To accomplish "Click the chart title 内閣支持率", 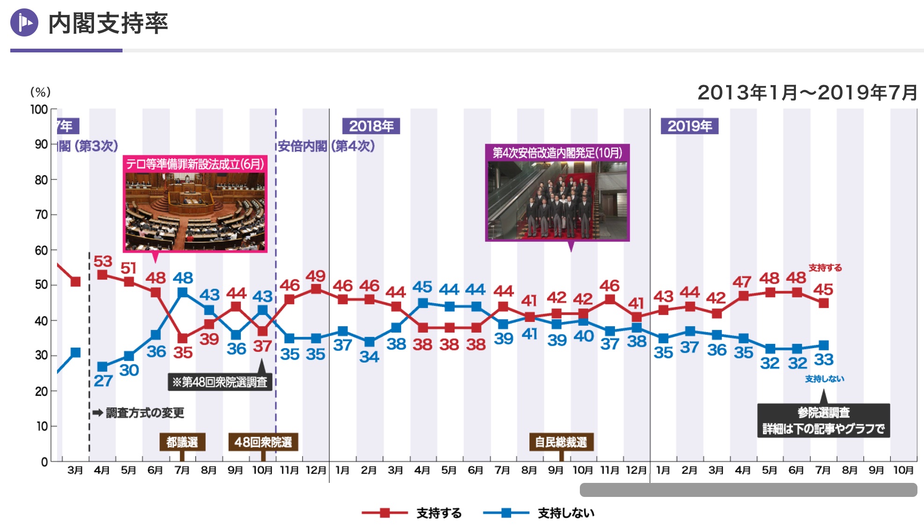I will click(x=108, y=23).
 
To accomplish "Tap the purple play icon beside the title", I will click(x=24, y=22).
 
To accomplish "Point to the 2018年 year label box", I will click(x=371, y=126).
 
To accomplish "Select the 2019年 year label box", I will click(x=689, y=126).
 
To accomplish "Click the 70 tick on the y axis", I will click(x=41, y=215).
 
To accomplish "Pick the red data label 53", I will click(x=103, y=261).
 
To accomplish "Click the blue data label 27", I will click(x=103, y=381).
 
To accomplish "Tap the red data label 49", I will click(x=316, y=276).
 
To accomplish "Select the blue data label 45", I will click(x=422, y=287).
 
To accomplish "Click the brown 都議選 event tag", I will click(x=182, y=442).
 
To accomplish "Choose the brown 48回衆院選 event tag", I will click(x=263, y=442).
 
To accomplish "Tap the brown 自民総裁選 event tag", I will click(x=561, y=442).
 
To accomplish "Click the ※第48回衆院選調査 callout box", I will click(x=220, y=382).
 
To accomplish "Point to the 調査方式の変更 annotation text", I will click(x=145, y=413).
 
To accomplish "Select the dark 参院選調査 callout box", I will click(x=823, y=421).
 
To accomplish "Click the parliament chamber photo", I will click(x=195, y=211).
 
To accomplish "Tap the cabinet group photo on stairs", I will click(x=557, y=200).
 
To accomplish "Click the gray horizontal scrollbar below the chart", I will click(x=748, y=490).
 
